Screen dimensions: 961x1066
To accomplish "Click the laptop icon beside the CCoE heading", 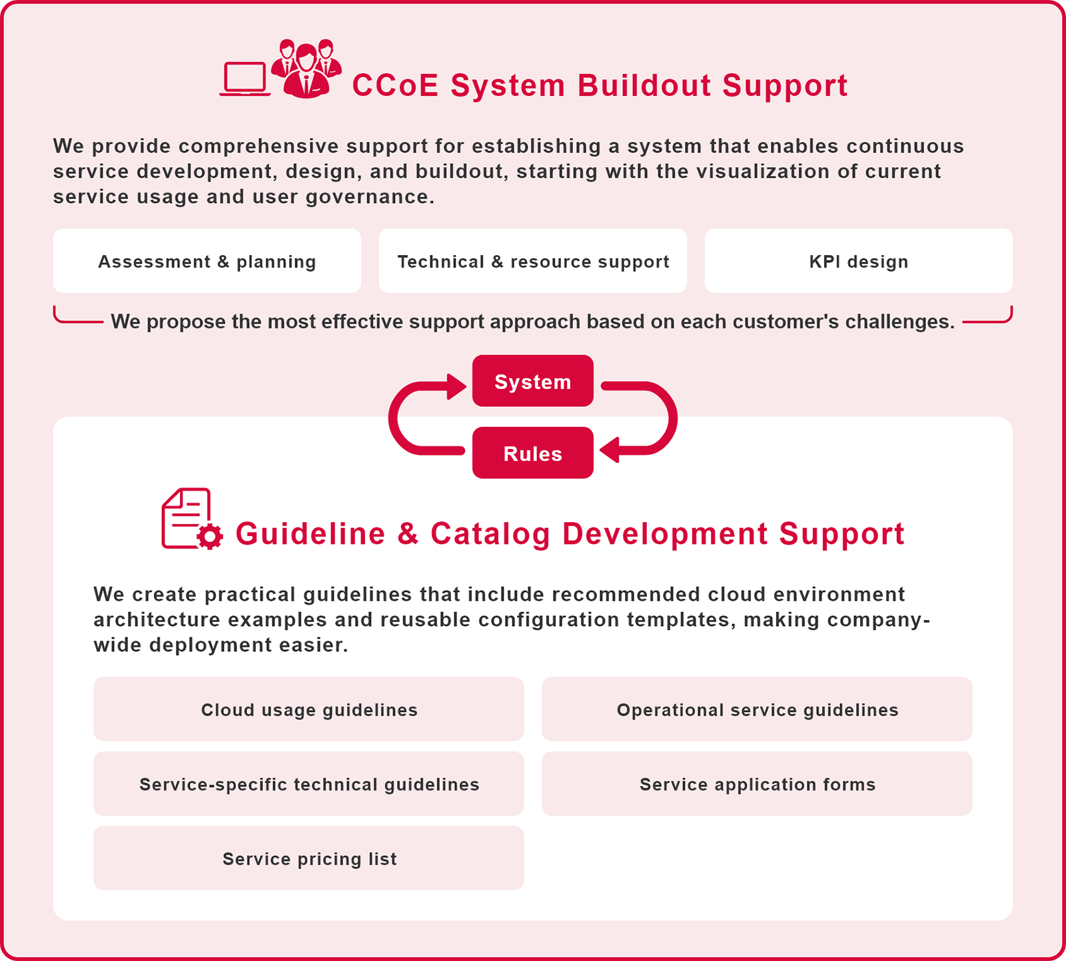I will (245, 79).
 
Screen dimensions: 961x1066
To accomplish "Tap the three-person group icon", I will (306, 69).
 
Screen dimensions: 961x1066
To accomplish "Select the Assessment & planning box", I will (207, 261).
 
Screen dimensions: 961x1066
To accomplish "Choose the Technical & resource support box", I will (533, 261).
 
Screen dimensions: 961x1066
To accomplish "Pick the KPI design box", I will (858, 261).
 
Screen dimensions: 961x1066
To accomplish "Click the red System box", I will (533, 381).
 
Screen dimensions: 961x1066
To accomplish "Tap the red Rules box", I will (533, 453).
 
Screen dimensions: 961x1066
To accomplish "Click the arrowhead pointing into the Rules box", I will (609, 450).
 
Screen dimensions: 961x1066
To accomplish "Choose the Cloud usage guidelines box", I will (309, 709).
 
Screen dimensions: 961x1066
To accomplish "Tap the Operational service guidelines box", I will (757, 709).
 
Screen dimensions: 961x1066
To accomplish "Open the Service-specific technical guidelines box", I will (309, 784).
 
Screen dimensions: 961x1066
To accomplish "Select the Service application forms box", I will (757, 784).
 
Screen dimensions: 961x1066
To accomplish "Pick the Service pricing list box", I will (309, 858).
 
